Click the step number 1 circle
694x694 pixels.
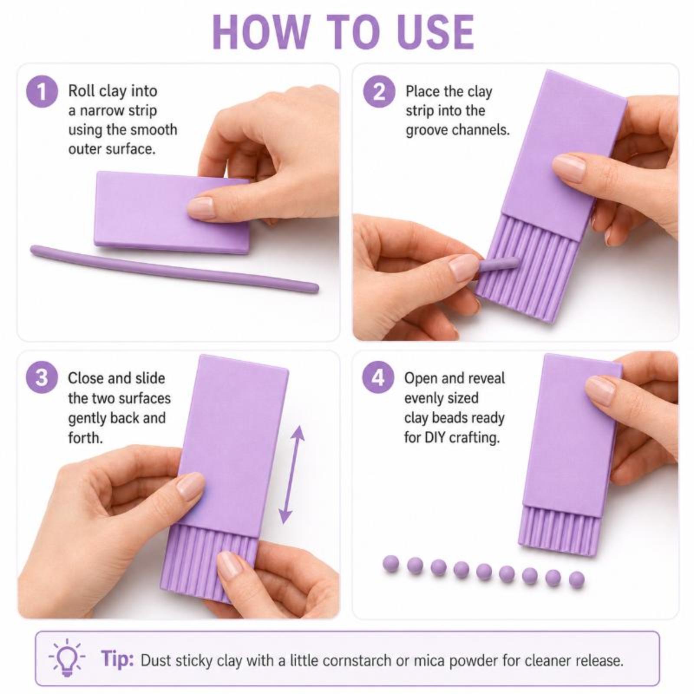click(x=42, y=92)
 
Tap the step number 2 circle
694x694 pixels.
click(x=379, y=92)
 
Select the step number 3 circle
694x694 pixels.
click(x=42, y=377)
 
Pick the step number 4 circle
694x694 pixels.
click(x=378, y=377)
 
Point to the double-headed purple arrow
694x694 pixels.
click(x=291, y=475)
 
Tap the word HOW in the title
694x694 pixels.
click(x=261, y=33)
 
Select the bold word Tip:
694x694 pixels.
click(x=118, y=659)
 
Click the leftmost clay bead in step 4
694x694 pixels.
click(x=391, y=563)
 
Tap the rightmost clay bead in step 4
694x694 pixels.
click(x=576, y=579)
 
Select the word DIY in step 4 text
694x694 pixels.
click(x=435, y=437)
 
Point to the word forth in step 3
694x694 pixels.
click(x=85, y=438)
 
